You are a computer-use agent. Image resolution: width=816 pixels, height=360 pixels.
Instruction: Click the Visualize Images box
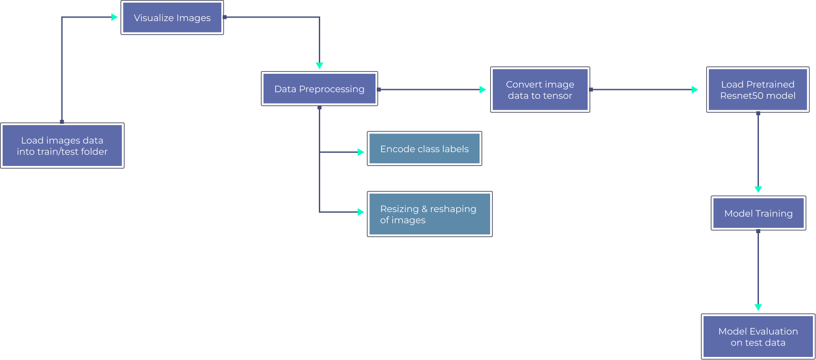(172, 18)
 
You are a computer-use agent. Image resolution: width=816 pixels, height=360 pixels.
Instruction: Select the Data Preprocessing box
(319, 89)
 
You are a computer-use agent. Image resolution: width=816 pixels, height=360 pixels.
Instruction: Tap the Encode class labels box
(424, 149)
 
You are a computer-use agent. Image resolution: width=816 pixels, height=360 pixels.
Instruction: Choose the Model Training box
(758, 213)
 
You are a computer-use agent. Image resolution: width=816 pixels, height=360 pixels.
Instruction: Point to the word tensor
(557, 96)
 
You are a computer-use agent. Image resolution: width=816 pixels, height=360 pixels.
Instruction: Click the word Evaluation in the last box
(774, 331)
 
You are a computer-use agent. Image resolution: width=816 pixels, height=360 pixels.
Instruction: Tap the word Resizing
(399, 209)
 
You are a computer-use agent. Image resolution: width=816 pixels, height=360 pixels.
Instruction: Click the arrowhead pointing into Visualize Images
(115, 17)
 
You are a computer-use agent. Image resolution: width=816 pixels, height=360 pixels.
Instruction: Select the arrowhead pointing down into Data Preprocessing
(319, 65)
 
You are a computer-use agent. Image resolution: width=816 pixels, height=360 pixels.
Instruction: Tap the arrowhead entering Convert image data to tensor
(483, 90)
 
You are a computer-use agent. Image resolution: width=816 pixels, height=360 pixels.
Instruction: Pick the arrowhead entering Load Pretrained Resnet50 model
(695, 90)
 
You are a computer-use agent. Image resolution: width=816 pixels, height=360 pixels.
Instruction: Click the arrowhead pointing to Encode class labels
(361, 152)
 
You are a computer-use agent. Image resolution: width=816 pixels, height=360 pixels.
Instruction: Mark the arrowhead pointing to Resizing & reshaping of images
(361, 212)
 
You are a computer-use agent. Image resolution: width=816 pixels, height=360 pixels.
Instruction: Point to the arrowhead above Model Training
(758, 189)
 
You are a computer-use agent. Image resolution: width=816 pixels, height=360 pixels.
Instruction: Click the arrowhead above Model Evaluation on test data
(758, 307)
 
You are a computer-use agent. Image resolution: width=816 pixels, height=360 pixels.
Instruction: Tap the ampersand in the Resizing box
(424, 209)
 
